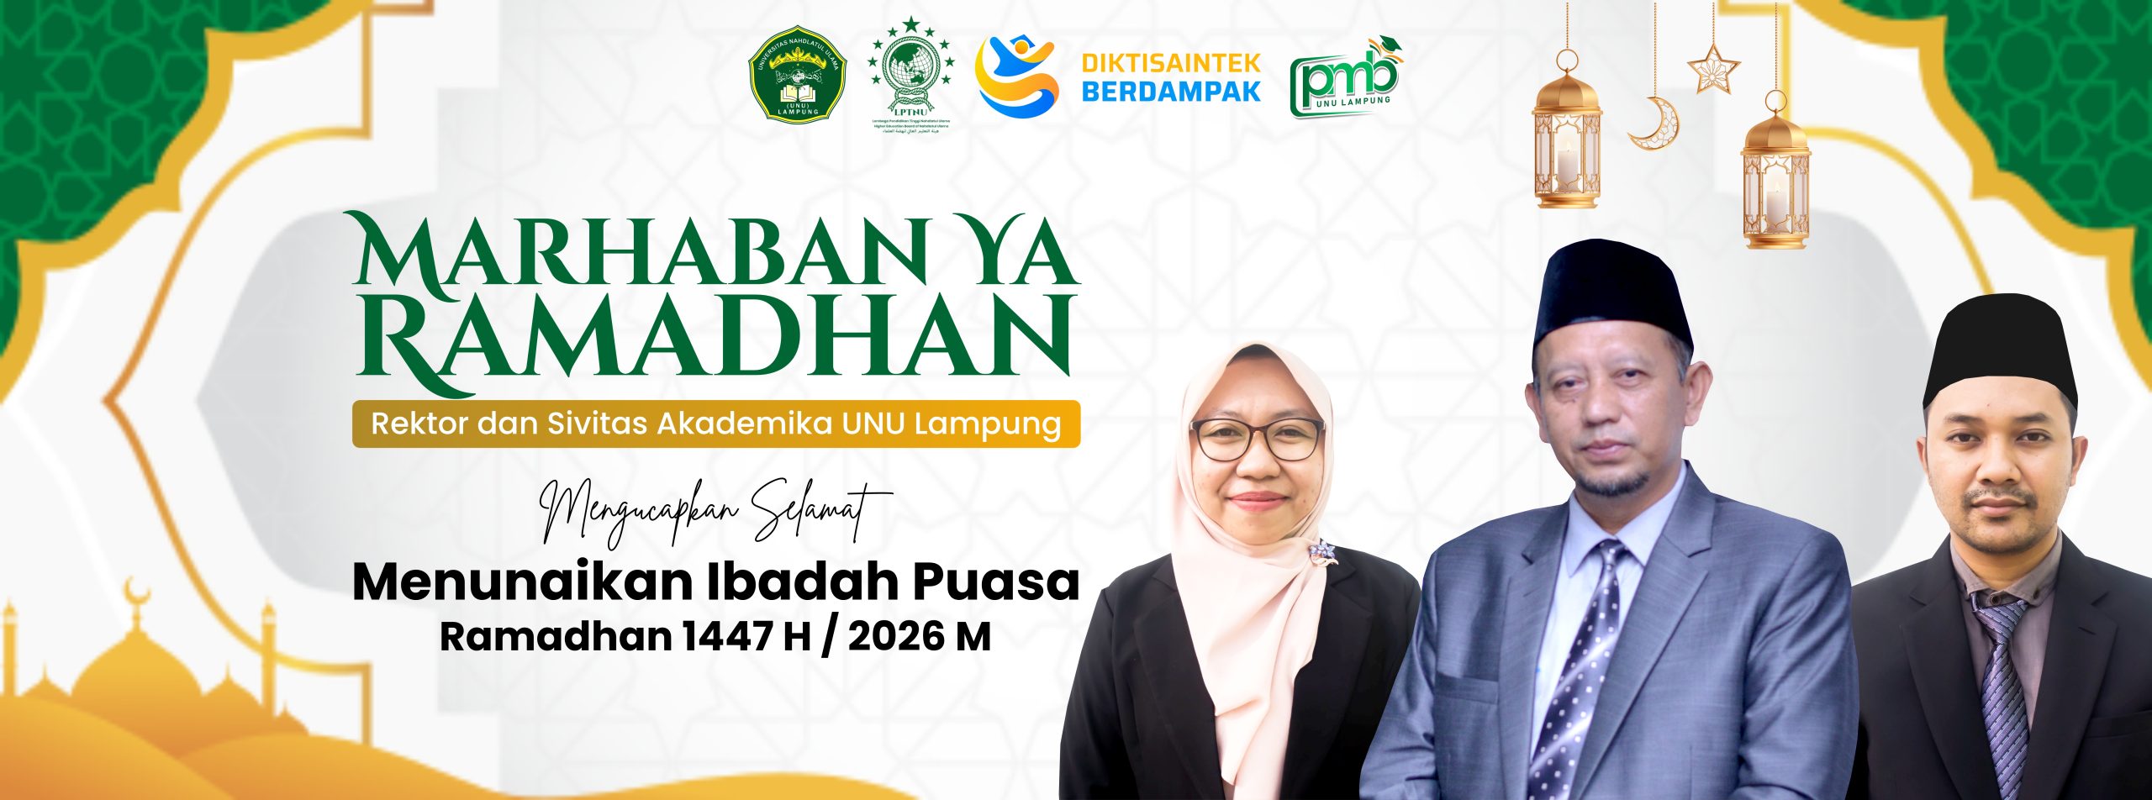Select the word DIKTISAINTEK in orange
[x=1170, y=62]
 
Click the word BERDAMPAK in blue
[x=1170, y=92]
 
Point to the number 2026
[x=894, y=637]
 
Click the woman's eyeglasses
[x=1258, y=439]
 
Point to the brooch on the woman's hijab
[x=1321, y=551]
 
